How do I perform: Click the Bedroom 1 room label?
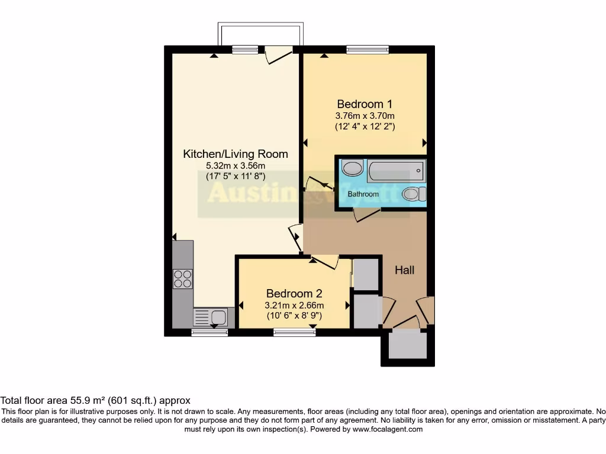coord(365,103)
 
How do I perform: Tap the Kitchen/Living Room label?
coord(236,154)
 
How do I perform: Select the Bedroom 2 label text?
coord(294,294)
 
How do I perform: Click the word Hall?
coord(405,270)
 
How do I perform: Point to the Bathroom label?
coord(363,194)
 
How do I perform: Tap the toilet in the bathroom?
coord(413,193)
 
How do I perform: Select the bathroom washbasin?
coord(353,168)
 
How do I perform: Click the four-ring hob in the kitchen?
coord(183,278)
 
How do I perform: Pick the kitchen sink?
coord(210,317)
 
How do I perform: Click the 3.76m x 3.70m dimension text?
coord(365,116)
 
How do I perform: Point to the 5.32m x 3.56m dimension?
coord(236,166)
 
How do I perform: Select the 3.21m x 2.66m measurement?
coord(294,305)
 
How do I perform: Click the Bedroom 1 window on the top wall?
coord(368,50)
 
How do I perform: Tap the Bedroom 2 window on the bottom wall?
coord(294,333)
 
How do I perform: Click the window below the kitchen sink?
coord(209,333)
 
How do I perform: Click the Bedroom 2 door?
coord(324,260)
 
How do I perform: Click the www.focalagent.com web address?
coord(387,430)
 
